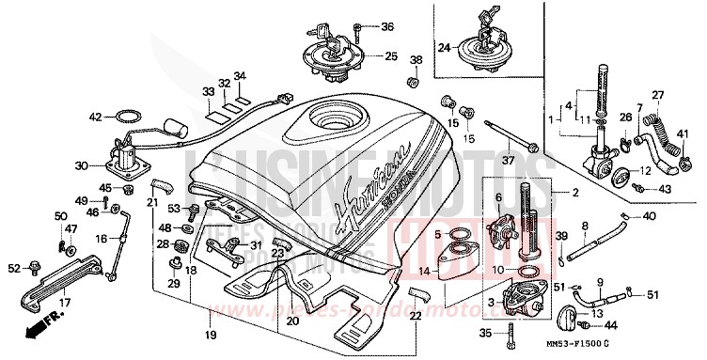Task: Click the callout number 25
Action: [x=390, y=55]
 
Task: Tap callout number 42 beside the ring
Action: [x=95, y=117]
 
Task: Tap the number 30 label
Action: [x=82, y=166]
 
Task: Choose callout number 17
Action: [x=66, y=303]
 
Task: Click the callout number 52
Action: [x=13, y=269]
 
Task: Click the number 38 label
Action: [x=416, y=61]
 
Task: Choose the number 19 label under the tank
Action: [x=212, y=336]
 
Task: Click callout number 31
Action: [x=256, y=245]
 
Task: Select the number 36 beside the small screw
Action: [x=387, y=25]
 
